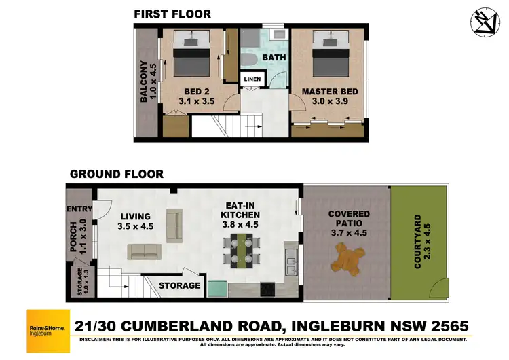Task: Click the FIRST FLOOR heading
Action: coord(172,14)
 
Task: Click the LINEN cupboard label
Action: coord(252,79)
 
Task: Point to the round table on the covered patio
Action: coord(347,257)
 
